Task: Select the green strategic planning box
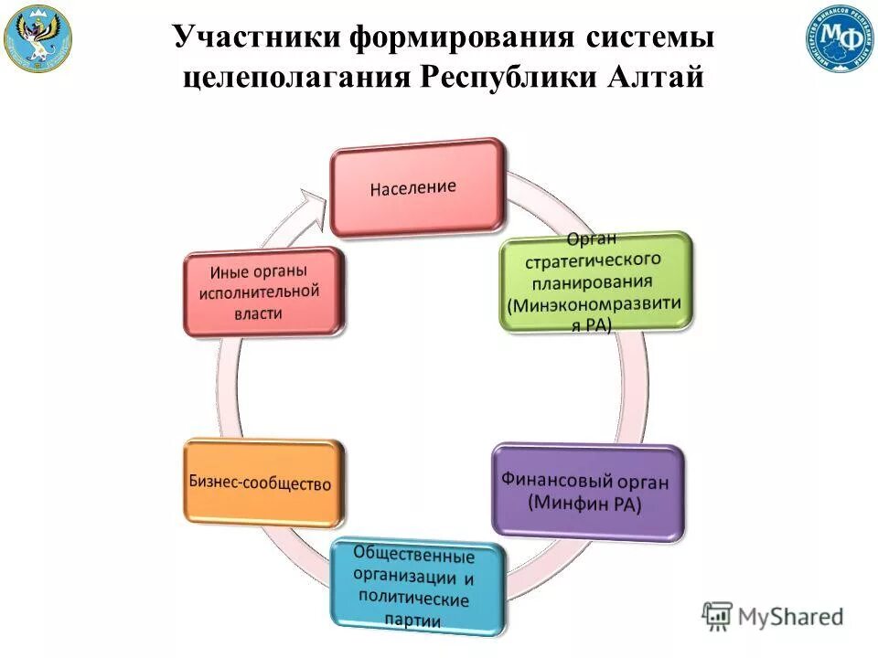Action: [595, 281]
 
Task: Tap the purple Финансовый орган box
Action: [586, 491]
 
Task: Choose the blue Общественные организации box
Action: [417, 587]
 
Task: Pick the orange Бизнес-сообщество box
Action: [263, 483]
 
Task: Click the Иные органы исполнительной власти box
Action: [264, 292]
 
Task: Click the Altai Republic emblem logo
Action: [37, 37]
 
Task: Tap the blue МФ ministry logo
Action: [840, 37]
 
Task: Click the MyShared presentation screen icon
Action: [718, 615]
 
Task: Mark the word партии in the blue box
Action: [412, 621]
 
